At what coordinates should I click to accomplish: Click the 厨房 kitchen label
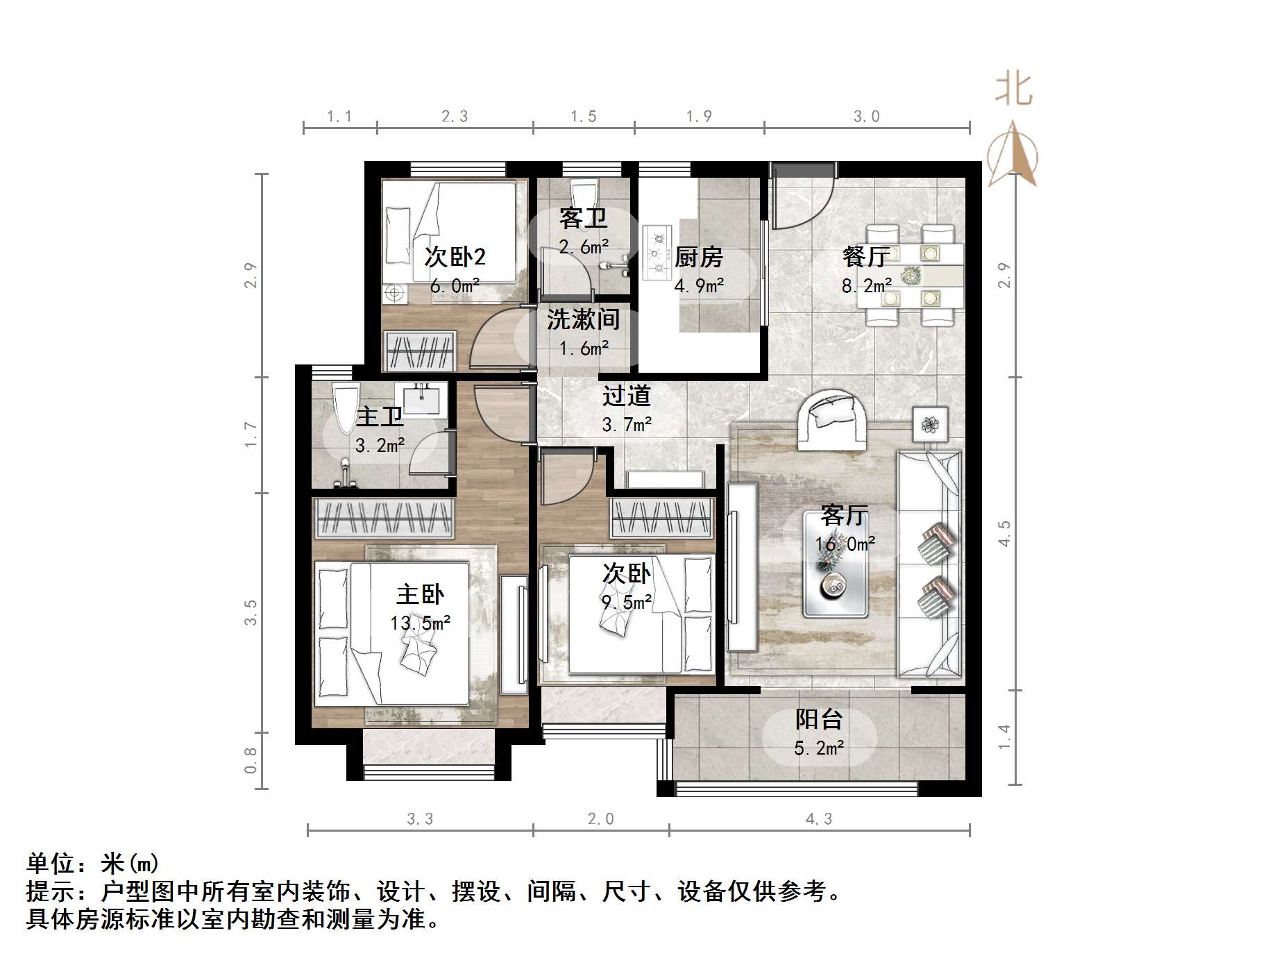pos(699,258)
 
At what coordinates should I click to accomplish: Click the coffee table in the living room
pos(836,564)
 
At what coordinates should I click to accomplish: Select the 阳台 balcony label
pos(818,719)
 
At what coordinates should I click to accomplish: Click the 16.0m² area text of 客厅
pos(845,544)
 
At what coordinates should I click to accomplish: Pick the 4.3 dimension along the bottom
pos(819,819)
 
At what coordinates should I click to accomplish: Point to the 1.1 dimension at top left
pos(339,117)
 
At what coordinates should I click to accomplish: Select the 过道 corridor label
pos(626,396)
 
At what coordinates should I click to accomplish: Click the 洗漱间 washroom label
pos(583,319)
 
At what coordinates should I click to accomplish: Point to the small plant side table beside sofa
pos(930,423)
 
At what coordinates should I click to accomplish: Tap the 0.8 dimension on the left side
pos(251,759)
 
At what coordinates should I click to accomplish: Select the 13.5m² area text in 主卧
pos(420,623)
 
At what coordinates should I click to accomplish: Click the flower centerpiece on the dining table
pos(911,276)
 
